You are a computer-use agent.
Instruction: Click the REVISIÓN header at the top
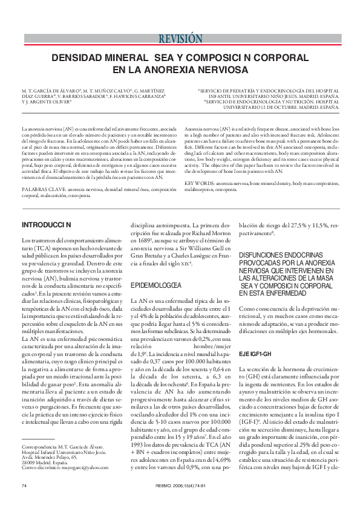tap(180, 39)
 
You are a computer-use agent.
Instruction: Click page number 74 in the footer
tap(24, 485)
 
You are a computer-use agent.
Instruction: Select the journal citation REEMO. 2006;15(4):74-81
tap(180, 485)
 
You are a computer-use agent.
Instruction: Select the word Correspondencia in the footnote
tap(38, 446)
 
